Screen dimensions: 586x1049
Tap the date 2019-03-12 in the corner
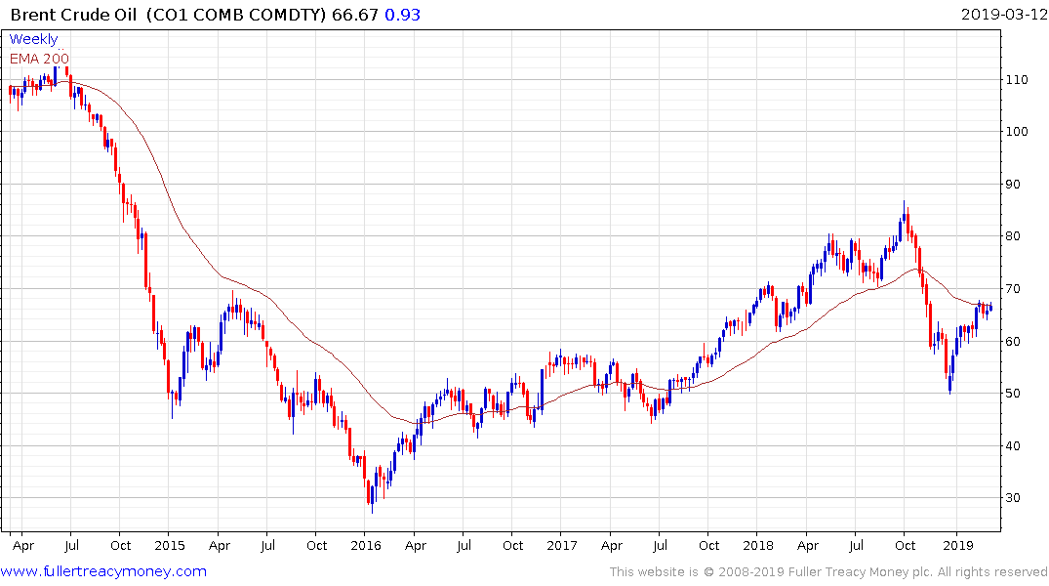tap(1002, 15)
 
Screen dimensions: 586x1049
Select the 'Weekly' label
tap(33, 39)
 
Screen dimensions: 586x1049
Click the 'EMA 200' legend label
tap(39, 58)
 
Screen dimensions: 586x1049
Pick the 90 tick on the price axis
tap(1018, 184)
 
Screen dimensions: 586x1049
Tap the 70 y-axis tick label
tap(1018, 289)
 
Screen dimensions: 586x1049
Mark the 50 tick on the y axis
tap(1018, 394)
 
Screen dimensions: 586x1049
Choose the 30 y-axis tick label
tap(1018, 498)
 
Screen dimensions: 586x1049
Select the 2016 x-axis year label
tap(365, 545)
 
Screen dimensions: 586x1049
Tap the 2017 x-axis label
tap(562, 545)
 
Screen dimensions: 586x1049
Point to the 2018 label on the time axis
tap(759, 545)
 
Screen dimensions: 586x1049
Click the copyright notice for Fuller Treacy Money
tap(828, 572)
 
